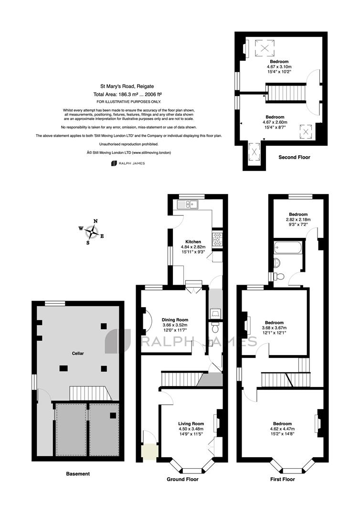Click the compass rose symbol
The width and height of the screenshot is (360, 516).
(92, 232)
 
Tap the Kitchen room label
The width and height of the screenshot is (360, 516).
(193, 242)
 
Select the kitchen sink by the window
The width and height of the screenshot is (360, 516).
(187, 204)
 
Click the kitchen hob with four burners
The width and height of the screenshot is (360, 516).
(217, 239)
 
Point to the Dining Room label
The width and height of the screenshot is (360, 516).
(175, 320)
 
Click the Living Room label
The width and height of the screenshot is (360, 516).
(191, 423)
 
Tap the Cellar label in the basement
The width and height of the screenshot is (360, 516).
(78, 354)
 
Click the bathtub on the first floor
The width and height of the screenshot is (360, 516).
(287, 247)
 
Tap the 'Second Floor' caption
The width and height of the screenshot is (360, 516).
(294, 157)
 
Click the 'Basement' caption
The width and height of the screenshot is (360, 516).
(78, 474)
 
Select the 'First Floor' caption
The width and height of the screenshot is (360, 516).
(282, 479)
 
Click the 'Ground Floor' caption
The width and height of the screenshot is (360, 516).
(182, 479)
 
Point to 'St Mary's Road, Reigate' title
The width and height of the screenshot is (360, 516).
(127, 86)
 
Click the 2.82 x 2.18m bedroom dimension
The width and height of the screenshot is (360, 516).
(298, 219)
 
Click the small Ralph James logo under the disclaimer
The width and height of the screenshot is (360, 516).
(128, 163)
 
